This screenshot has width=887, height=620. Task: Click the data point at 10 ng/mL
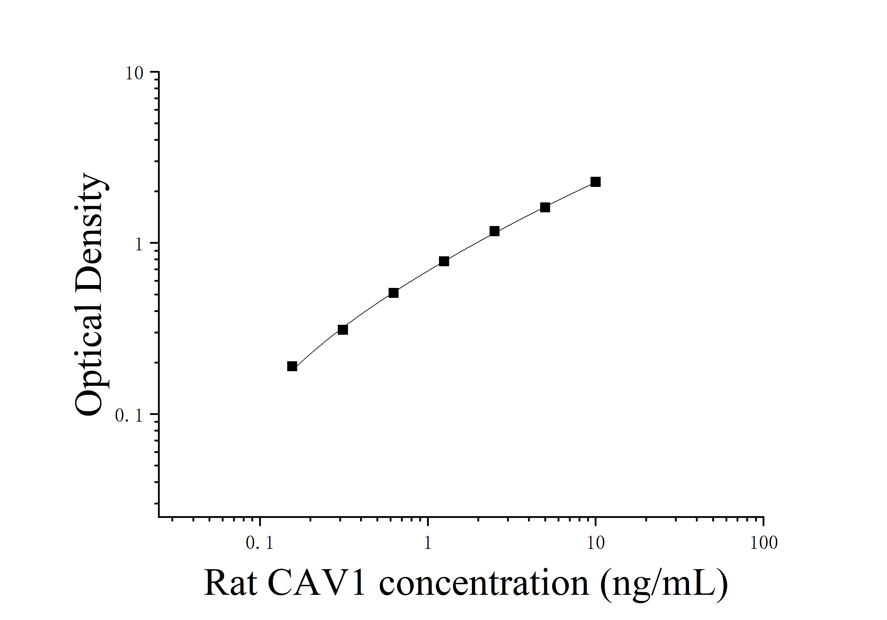tap(595, 182)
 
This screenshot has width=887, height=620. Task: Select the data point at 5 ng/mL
tap(545, 207)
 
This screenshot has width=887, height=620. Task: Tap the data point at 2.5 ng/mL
tap(494, 231)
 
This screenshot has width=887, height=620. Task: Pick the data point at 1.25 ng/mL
tap(444, 262)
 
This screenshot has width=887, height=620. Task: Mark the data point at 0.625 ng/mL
tap(393, 293)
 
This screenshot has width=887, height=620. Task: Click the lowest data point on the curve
tap(292, 366)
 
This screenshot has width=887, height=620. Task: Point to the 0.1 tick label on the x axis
tap(260, 544)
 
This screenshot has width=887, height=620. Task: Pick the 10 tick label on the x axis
tap(595, 544)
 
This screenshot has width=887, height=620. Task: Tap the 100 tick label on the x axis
tap(763, 544)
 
